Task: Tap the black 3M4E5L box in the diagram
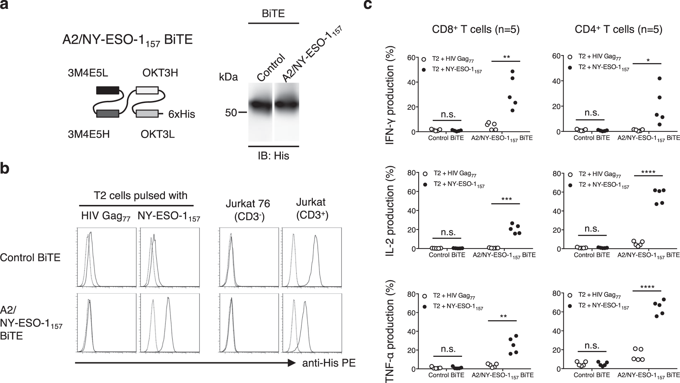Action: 107,90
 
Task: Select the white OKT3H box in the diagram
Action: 147,90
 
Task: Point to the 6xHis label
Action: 182,114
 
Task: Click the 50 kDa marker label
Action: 231,112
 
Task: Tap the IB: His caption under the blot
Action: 273,156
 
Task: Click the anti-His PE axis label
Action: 329,363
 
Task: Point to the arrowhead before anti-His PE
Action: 291,363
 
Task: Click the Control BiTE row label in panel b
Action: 30,258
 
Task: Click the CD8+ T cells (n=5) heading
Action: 476,30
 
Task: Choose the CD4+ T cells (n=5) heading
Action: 618,30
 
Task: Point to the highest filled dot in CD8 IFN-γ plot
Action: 512,71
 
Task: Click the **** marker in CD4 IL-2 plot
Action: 648,172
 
